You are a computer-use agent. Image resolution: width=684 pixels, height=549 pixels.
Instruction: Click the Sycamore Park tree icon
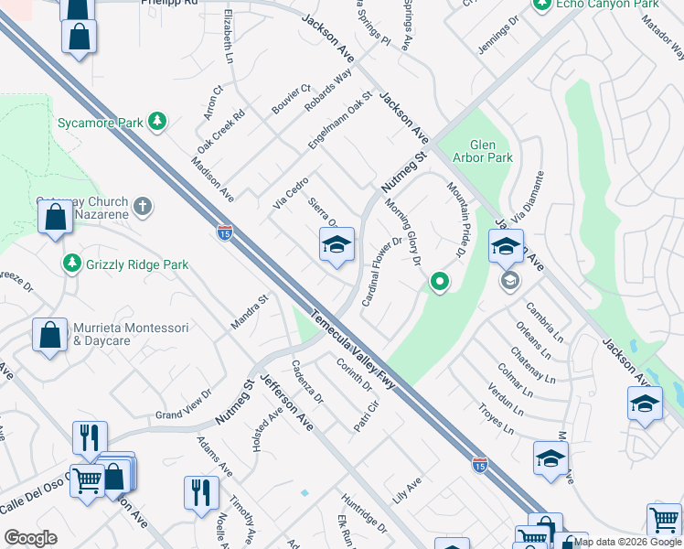pos(158,121)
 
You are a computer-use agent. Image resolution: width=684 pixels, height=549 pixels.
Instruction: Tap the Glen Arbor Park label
pos(490,151)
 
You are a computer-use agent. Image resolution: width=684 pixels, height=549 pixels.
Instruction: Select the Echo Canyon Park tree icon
pos(542,5)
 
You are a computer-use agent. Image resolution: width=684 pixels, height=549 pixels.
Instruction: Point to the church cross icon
pos(142,206)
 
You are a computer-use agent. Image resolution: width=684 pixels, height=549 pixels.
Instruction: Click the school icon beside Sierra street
pos(337,245)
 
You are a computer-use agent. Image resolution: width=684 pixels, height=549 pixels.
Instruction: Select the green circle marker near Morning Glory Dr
pos(440,282)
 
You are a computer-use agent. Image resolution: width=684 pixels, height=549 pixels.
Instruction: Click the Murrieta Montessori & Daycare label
pos(130,334)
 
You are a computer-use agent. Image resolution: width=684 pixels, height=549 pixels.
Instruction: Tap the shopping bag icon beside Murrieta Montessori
pos(48,335)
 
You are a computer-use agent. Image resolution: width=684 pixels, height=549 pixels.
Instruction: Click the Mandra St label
pos(248,310)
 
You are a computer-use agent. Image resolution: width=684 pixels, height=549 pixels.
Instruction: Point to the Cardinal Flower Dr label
pos(382,271)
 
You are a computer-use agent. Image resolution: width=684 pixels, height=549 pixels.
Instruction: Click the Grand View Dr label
pos(183,404)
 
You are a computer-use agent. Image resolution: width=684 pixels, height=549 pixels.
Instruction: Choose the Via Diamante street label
pos(528,199)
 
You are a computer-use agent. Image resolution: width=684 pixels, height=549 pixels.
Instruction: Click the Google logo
pos(30,538)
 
